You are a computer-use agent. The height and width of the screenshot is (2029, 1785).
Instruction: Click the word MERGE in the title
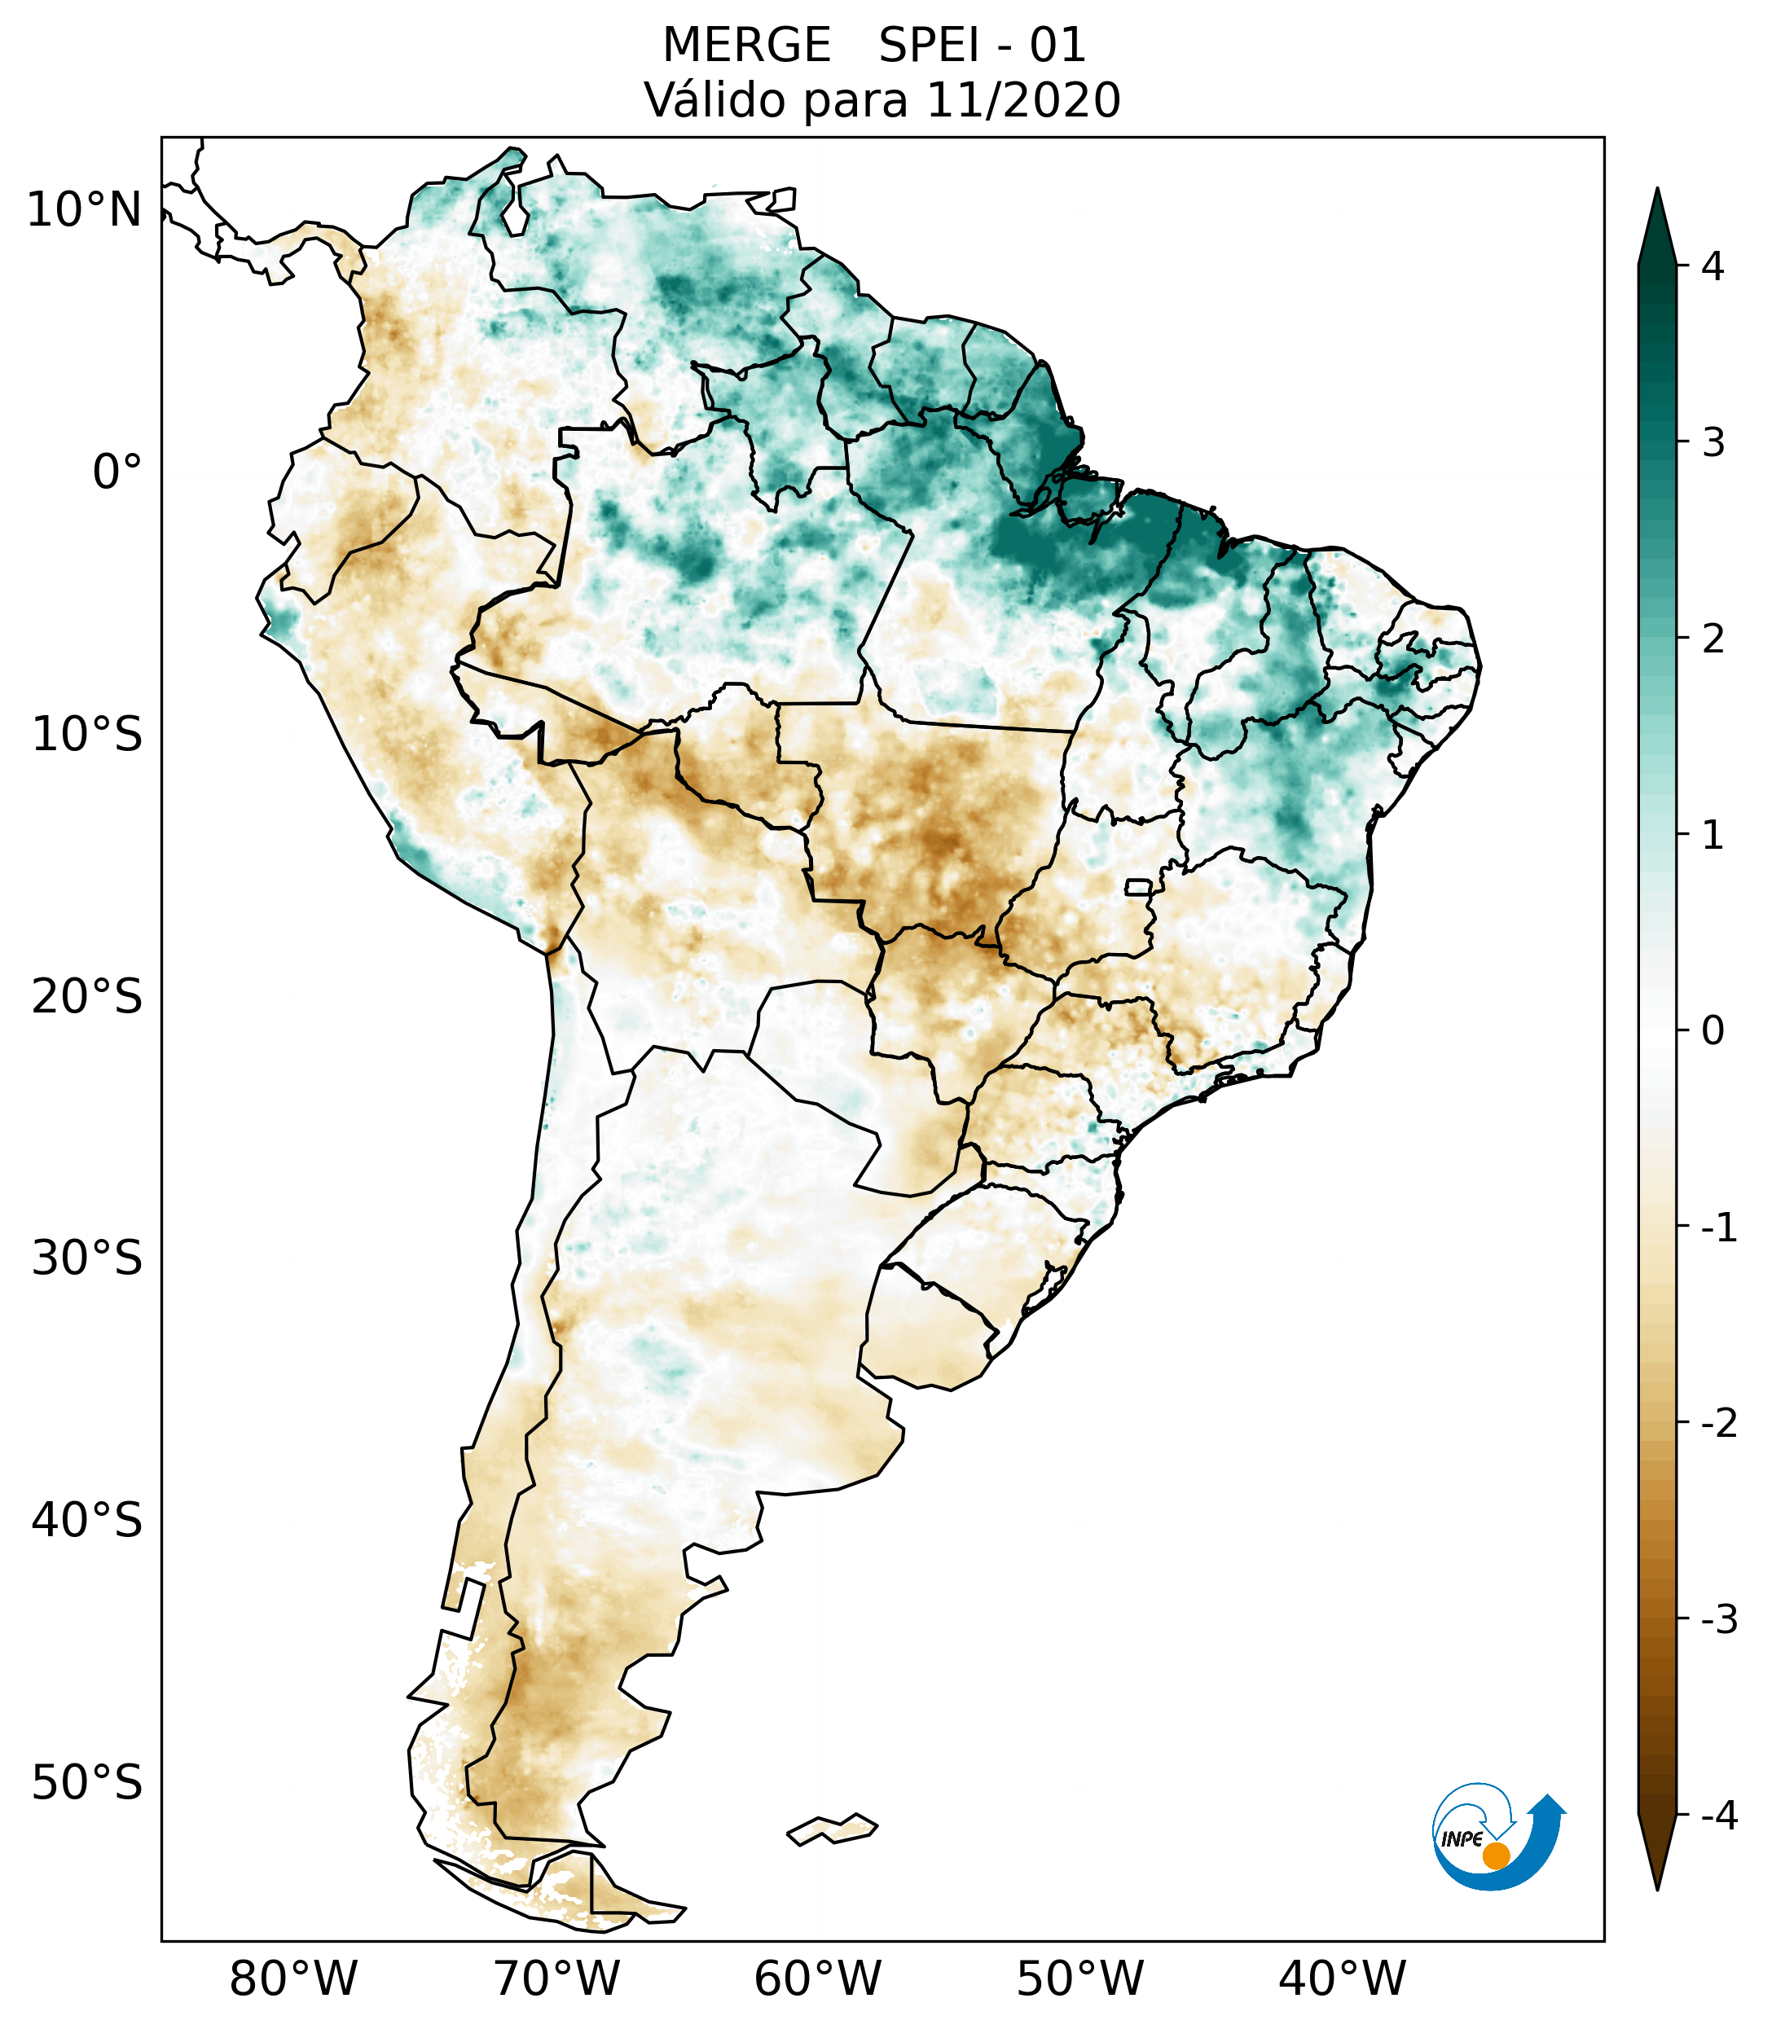[745, 46]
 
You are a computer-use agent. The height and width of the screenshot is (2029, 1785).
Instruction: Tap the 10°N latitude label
[85, 210]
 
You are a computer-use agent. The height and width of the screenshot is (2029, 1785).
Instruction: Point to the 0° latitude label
[117, 472]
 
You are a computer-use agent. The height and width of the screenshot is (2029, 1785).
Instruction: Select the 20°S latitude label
[87, 997]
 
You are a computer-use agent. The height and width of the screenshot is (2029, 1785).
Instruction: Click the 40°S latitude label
[87, 1521]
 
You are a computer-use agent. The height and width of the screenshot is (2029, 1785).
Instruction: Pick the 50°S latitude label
[87, 1783]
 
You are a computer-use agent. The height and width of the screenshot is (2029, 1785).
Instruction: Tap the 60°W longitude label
[817, 1978]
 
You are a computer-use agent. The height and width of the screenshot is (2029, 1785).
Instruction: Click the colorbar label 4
[1712, 266]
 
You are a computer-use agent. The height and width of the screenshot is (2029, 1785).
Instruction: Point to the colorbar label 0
[1712, 1031]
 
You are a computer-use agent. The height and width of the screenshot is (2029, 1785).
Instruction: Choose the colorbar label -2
[1718, 1424]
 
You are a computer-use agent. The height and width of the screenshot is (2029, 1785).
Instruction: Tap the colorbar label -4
[1718, 1816]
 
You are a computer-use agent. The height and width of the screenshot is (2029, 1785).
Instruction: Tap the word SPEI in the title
[930, 46]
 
